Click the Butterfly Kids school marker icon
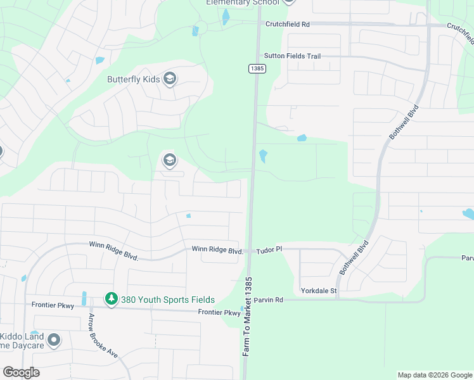pos(169,79)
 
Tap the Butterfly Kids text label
pos(133,80)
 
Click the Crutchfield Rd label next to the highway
pos(288,24)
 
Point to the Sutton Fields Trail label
pos(293,56)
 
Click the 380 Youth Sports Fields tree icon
pos(112,299)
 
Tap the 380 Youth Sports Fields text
pos(168,300)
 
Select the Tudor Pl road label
pos(269,250)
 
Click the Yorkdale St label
pos(319,291)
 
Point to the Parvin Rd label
pos(269,300)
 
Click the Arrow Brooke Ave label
pos(103,336)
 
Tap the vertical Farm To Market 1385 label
pos(247,316)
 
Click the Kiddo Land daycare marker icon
pos(53,341)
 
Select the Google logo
pos(21,372)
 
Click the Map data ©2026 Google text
pos(434,375)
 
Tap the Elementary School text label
pos(242,3)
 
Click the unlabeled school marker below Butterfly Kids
pos(169,160)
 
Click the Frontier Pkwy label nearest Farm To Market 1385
pos(219,312)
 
